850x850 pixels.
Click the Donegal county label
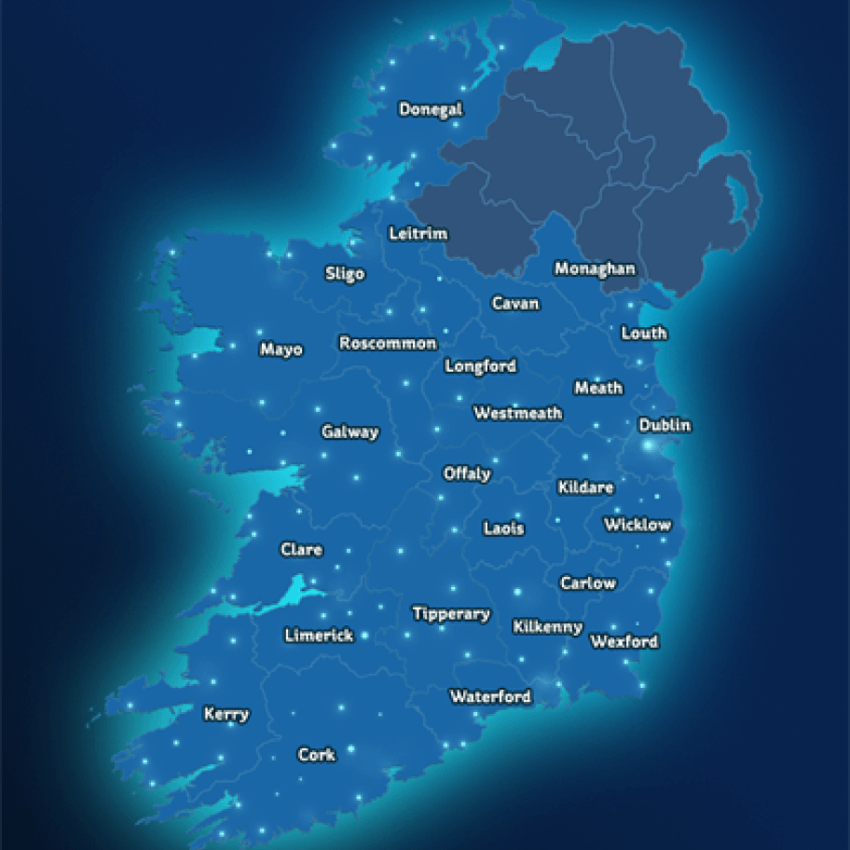coord(431,109)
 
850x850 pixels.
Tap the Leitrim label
coord(418,233)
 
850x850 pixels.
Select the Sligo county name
coord(345,273)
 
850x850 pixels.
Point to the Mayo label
coord(281,350)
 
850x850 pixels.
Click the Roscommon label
coord(388,343)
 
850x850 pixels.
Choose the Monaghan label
coord(595,268)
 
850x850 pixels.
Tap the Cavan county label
coord(515,303)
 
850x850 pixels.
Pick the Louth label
coord(644,333)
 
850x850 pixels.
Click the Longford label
coord(480,365)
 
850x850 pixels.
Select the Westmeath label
coord(518,413)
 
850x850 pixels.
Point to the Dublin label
coord(665,425)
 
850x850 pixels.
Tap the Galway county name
coord(350,432)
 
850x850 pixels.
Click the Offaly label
coord(467,473)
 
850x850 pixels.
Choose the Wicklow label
coord(637,525)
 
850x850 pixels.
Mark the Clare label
coord(302,549)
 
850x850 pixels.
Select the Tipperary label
coord(451,613)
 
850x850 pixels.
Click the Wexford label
coord(624,641)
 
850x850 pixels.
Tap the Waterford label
coord(490,696)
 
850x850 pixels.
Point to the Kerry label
coord(226,714)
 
